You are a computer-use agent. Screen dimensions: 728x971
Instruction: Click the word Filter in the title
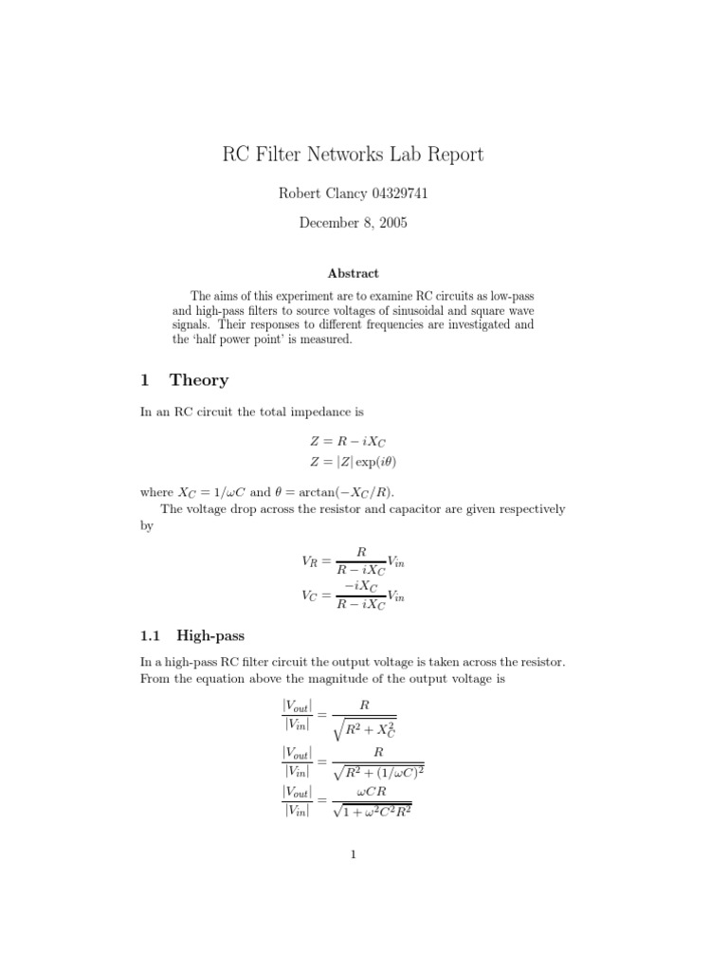287,155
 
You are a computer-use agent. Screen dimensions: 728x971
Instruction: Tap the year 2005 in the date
392,224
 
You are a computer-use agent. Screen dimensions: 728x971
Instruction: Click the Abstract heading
353,274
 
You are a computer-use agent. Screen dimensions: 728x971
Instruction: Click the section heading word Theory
199,380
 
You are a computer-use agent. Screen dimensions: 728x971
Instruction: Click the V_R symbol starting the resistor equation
309,562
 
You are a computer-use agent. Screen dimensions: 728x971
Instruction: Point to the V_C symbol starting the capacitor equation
309,596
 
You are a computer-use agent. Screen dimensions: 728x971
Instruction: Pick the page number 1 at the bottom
353,854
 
